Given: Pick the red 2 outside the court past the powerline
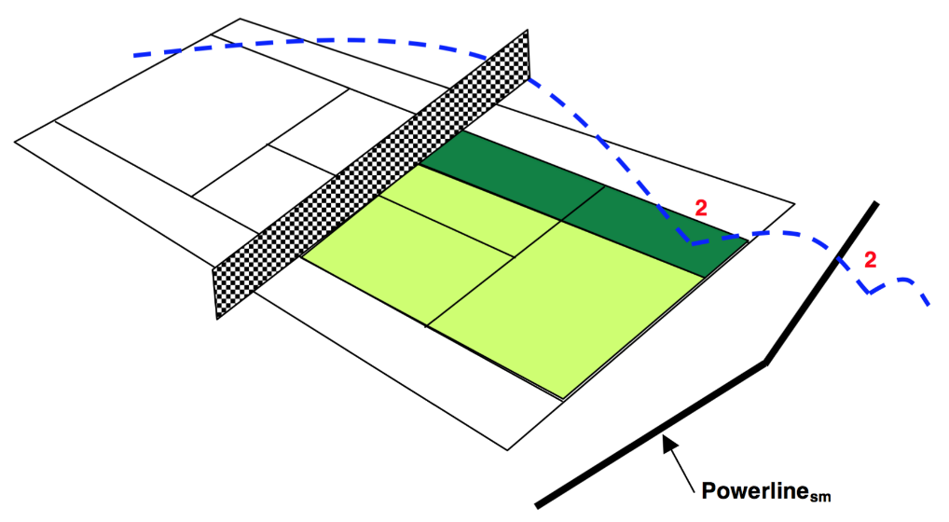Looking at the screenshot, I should [870, 260].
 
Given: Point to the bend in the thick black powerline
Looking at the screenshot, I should [765, 363].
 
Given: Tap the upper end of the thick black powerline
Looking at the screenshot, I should [875, 203].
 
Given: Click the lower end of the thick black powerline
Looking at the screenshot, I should [538, 505].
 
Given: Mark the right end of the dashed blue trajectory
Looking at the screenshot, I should [928, 304].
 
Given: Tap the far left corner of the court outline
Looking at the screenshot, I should [16, 141].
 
